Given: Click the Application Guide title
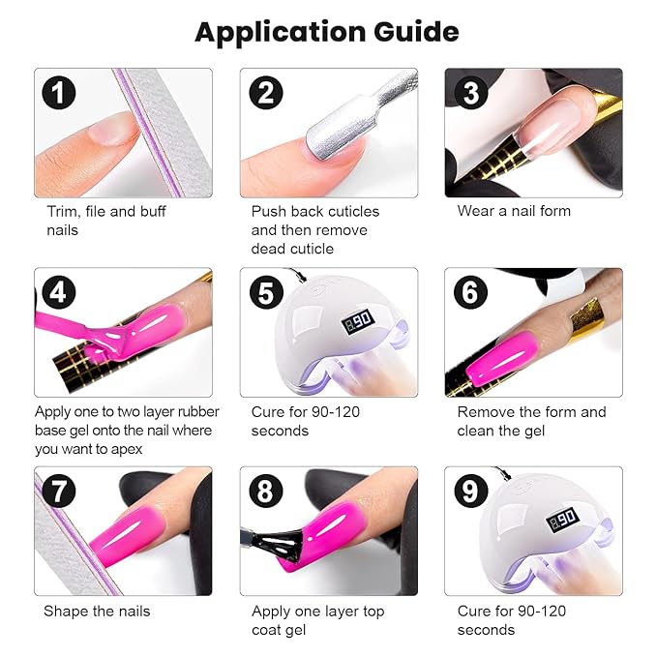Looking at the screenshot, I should click(x=327, y=31).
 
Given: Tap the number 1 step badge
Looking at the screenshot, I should click(x=59, y=93).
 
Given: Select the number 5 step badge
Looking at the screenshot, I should click(x=265, y=293).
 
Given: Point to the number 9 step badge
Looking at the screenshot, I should click(x=470, y=493).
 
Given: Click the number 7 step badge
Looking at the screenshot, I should click(x=59, y=493).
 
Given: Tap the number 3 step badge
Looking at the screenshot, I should click(x=470, y=93).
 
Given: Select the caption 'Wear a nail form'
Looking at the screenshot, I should click(x=514, y=211).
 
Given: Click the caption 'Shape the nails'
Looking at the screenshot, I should click(x=97, y=611).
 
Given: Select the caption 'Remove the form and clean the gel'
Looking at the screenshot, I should click(x=531, y=421).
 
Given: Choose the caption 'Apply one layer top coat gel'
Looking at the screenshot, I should click(x=317, y=620).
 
